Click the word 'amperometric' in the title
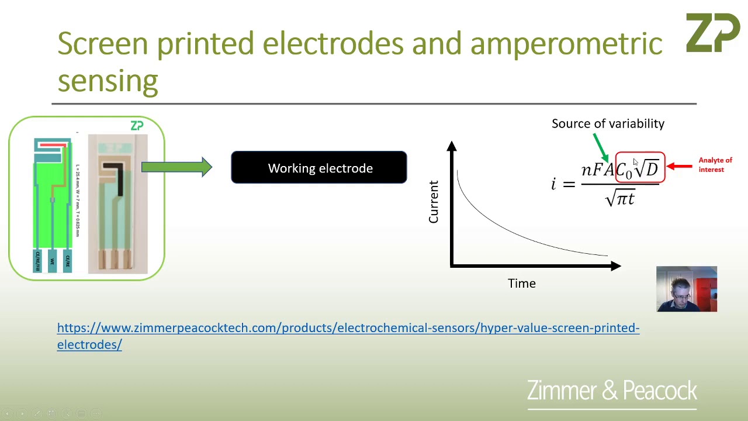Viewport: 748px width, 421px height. [566, 44]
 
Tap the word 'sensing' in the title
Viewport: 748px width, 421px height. [108, 80]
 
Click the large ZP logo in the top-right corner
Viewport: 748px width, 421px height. [712, 33]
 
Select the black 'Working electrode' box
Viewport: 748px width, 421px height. [319, 168]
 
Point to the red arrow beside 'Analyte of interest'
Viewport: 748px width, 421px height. [679, 166]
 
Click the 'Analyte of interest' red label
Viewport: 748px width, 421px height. [715, 165]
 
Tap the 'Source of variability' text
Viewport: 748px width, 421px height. [608, 123]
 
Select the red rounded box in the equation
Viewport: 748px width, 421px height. [640, 168]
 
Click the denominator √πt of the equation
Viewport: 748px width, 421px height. [620, 199]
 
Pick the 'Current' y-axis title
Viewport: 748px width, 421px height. [434, 202]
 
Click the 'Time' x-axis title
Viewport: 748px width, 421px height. [521, 284]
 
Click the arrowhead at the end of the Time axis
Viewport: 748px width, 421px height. [615, 266]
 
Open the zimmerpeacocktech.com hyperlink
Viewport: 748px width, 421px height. [348, 328]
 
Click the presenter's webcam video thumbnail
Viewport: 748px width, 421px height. [686, 289]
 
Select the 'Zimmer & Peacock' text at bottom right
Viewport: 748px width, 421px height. [612, 391]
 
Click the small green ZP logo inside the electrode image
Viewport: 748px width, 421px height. [137, 126]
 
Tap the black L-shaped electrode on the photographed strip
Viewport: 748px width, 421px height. [117, 175]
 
